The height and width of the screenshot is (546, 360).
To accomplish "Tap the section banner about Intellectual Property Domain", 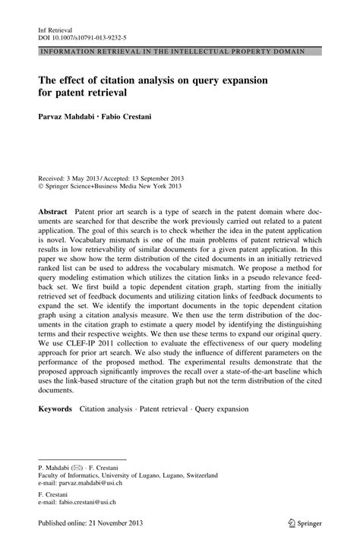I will click(x=177, y=51).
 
